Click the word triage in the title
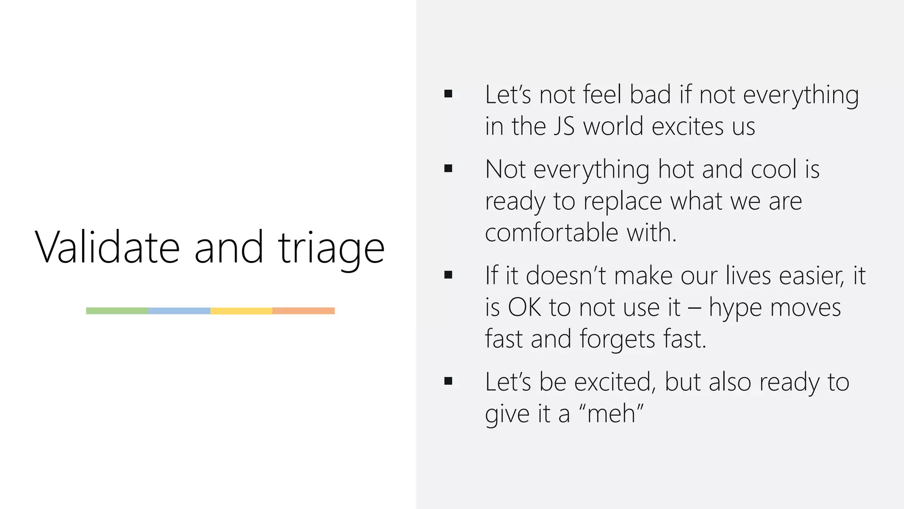(x=331, y=248)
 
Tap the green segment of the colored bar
(x=117, y=311)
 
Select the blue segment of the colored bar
(x=179, y=311)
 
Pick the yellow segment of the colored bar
(x=241, y=311)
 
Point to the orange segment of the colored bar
(x=304, y=311)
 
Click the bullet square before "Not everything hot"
(x=448, y=168)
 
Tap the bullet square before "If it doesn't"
(x=448, y=275)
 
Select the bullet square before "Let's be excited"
(x=448, y=381)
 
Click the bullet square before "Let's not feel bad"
(x=448, y=94)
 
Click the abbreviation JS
(x=564, y=126)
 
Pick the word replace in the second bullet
(x=622, y=201)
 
